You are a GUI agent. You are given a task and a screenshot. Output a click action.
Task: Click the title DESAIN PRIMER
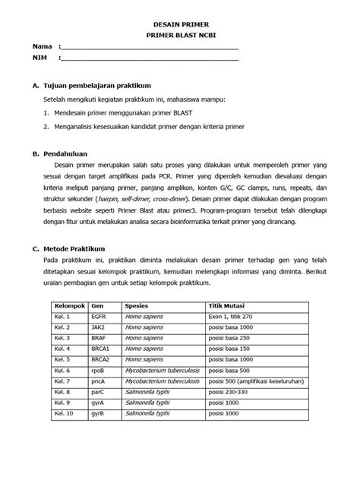(179, 24)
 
